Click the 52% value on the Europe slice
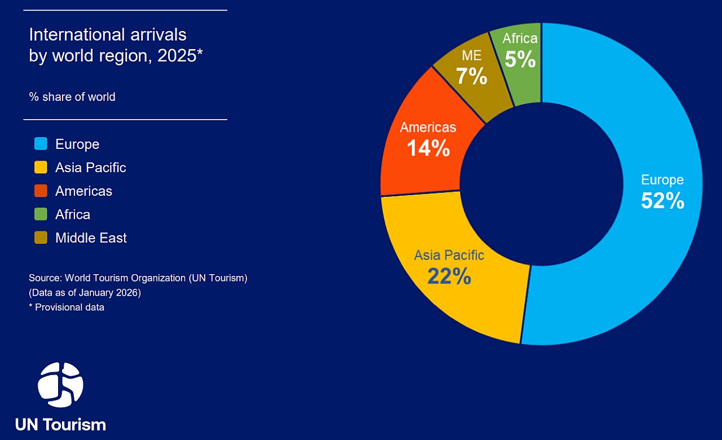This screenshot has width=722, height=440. point(662,201)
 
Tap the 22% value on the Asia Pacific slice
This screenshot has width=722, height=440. point(449,276)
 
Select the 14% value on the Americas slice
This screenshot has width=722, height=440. point(428,148)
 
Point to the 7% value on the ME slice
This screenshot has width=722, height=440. point(472,76)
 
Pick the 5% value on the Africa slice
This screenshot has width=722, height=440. point(520,59)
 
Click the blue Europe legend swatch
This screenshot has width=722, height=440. point(41,144)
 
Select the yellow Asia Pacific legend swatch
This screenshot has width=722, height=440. point(41,168)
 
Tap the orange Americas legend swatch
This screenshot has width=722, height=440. point(41,191)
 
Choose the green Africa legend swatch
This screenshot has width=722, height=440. point(41,214)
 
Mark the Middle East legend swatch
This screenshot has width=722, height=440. point(41,238)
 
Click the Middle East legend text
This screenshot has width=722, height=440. point(91,238)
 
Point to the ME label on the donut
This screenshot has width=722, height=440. point(472,56)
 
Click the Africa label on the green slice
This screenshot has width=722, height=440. point(520,39)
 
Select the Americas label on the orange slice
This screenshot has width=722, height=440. point(428,127)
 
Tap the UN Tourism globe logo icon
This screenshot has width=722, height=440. point(60,385)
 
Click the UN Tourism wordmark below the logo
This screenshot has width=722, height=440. point(60,424)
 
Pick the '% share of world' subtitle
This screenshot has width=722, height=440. point(72,97)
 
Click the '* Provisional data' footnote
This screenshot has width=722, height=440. point(67,307)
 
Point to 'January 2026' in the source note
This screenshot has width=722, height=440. point(104,293)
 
